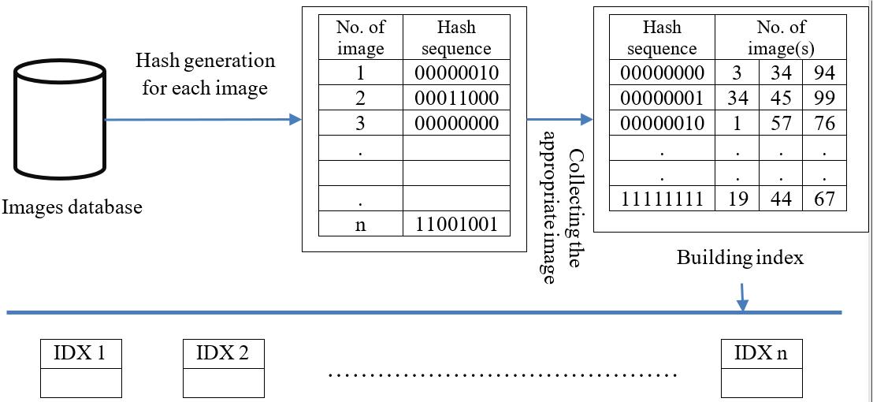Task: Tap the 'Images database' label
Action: tap(72, 207)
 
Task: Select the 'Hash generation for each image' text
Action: tap(205, 74)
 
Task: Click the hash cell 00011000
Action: tap(456, 98)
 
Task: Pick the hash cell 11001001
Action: tap(456, 224)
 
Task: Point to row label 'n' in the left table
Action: tap(360, 224)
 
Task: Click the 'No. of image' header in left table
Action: tap(360, 38)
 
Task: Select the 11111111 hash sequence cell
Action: tap(662, 198)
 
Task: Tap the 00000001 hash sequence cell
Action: tap(662, 99)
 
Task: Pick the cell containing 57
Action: tap(781, 124)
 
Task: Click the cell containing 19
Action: tap(737, 198)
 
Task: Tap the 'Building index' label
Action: tap(740, 257)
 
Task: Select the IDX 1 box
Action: tap(81, 368)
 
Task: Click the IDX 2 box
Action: tap(224, 368)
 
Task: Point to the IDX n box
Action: tap(762, 368)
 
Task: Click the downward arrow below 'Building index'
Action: tap(742, 298)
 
